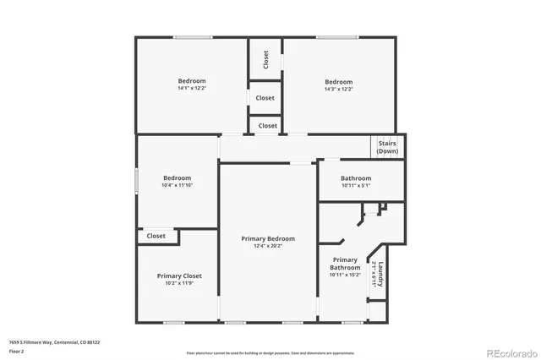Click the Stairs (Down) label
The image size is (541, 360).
pyautogui.click(x=387, y=147)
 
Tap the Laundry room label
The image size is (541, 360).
pyautogui.click(x=381, y=275)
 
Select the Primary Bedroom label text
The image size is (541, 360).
pyautogui.click(x=267, y=239)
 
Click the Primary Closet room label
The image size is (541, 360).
pyautogui.click(x=179, y=275)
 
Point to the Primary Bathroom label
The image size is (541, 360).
pyautogui.click(x=345, y=264)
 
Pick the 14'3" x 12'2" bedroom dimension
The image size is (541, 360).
pyautogui.click(x=339, y=89)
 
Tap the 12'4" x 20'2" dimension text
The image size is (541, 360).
pyautogui.click(x=267, y=247)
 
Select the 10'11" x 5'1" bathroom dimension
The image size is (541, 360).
pyautogui.click(x=356, y=186)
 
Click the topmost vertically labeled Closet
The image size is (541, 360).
pyautogui.click(x=265, y=59)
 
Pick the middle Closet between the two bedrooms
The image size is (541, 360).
pyautogui.click(x=265, y=98)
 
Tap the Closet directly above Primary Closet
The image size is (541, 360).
pyautogui.click(x=156, y=237)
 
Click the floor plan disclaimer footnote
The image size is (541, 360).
pyautogui.click(x=270, y=352)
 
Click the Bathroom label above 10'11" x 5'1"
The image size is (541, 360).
pyautogui.click(x=356, y=178)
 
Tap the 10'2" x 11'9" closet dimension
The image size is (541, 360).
pyautogui.click(x=179, y=283)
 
